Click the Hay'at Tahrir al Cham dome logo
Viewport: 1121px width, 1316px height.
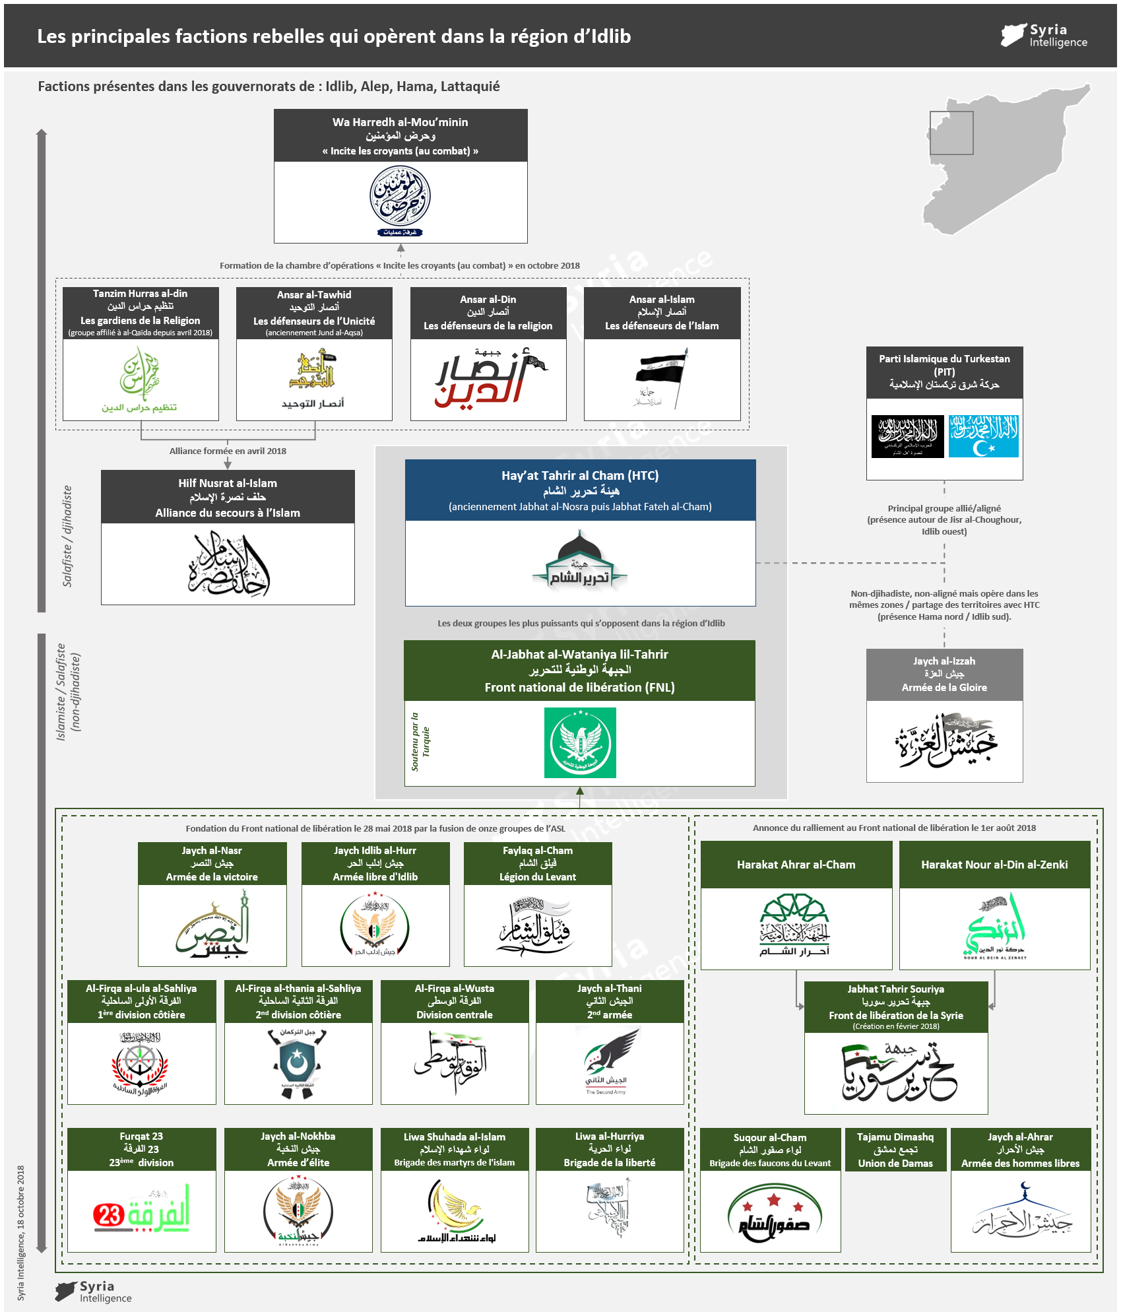pyautogui.click(x=580, y=560)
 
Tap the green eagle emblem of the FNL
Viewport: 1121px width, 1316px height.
pyautogui.click(x=580, y=742)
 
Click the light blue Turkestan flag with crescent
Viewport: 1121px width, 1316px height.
pyautogui.click(x=983, y=436)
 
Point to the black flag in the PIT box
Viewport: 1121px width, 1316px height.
pyautogui.click(x=908, y=436)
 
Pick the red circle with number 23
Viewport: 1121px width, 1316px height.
pyautogui.click(x=110, y=1215)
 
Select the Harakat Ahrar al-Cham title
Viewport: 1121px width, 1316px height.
pyautogui.click(x=796, y=865)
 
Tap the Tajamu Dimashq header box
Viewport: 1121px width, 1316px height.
pyautogui.click(x=895, y=1150)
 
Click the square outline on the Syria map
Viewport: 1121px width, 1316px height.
pyautogui.click(x=951, y=133)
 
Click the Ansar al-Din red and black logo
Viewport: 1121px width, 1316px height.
pyautogui.click(x=488, y=380)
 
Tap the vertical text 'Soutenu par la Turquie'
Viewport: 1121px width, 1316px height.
pyautogui.click(x=420, y=742)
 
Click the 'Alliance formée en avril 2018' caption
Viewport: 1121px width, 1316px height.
pyautogui.click(x=228, y=451)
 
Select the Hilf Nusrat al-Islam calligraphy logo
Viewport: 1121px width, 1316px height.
pyautogui.click(x=228, y=564)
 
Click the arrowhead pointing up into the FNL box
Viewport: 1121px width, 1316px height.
pyautogui.click(x=580, y=791)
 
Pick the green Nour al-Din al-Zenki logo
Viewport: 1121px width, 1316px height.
pyautogui.click(x=995, y=927)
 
